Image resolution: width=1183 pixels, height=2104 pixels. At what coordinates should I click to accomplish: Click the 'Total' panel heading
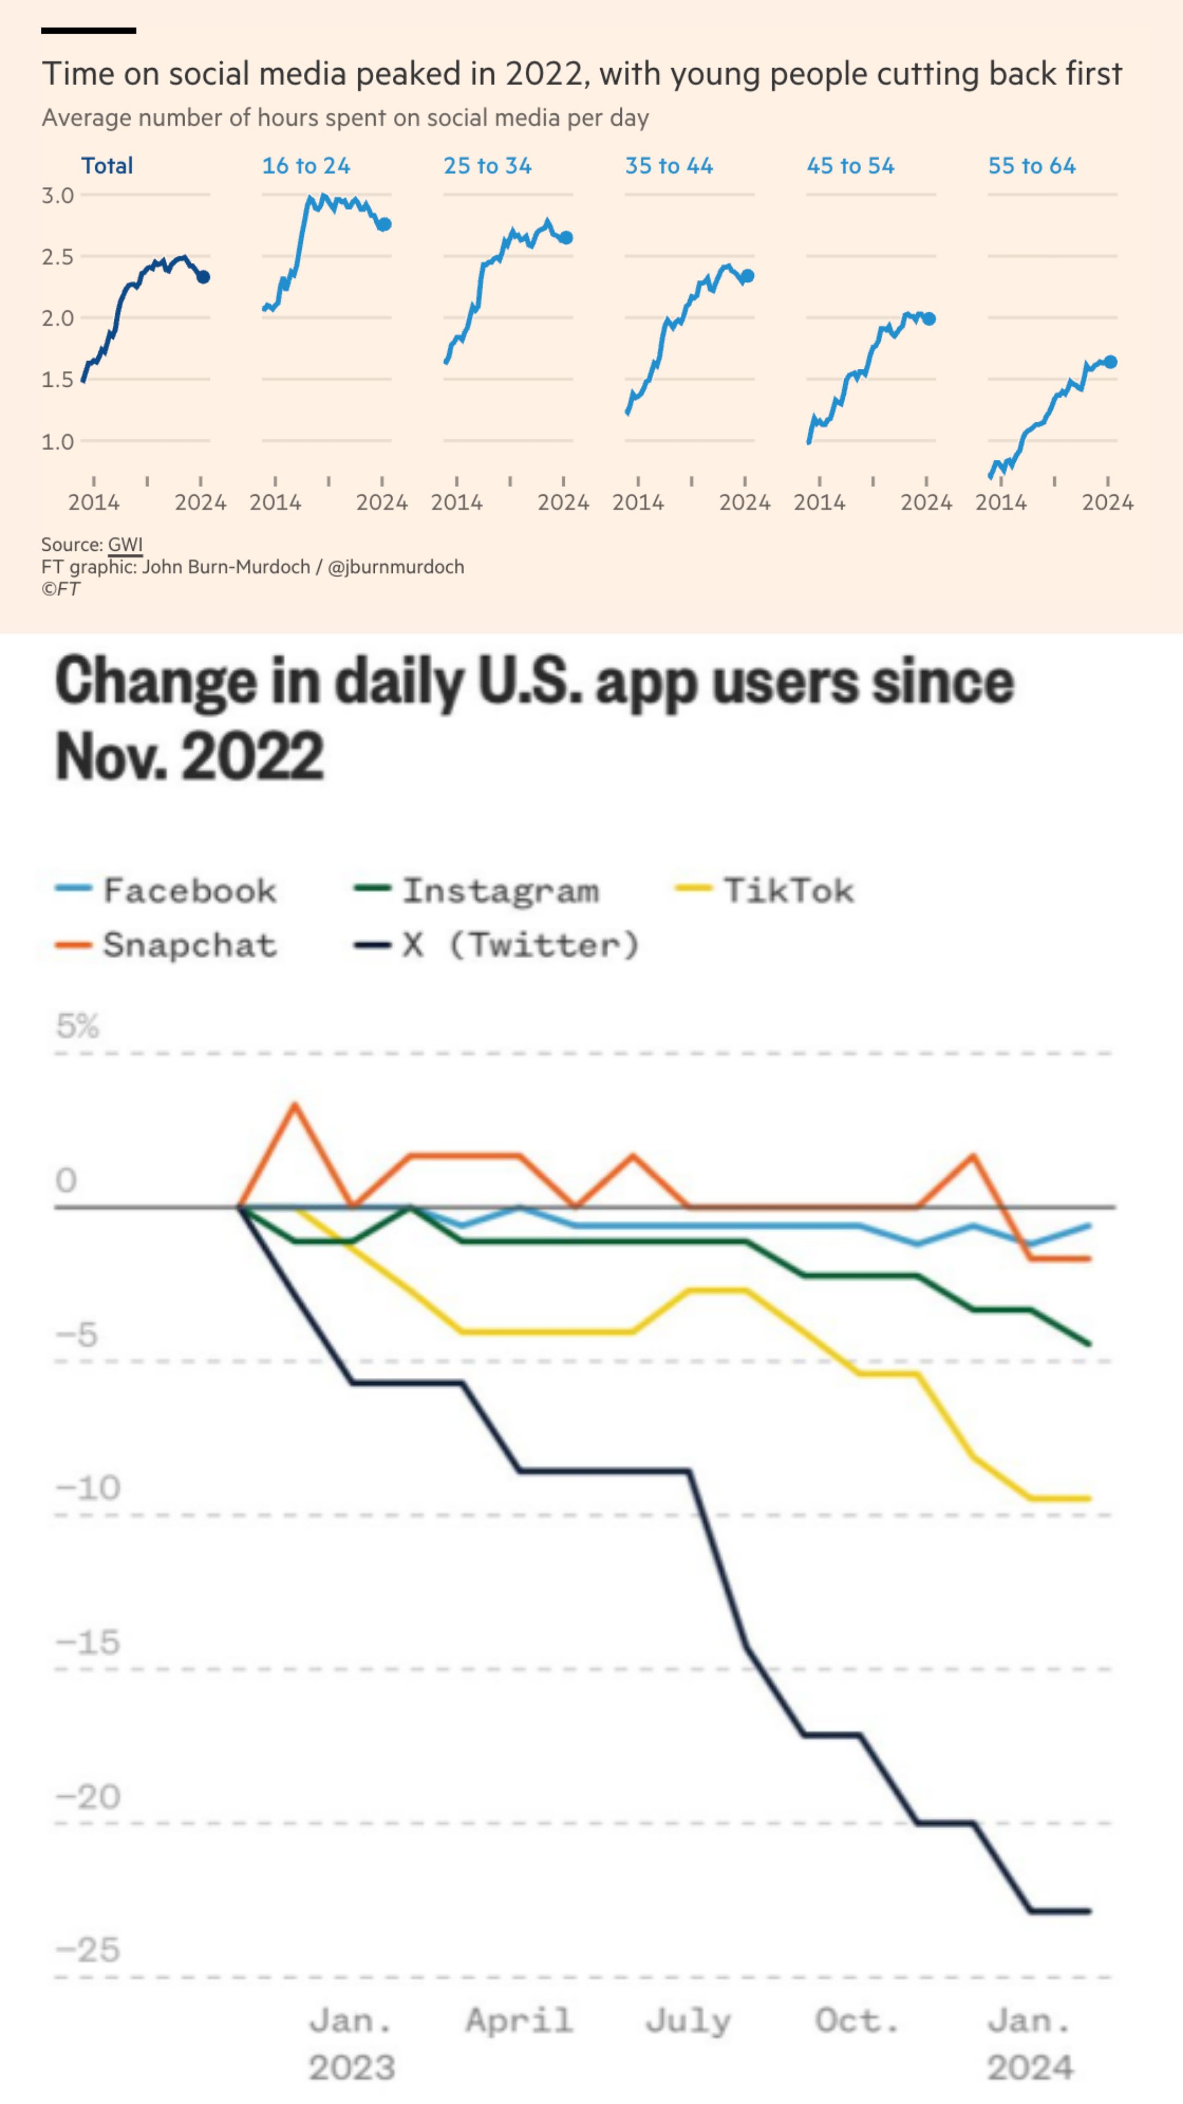click(x=107, y=166)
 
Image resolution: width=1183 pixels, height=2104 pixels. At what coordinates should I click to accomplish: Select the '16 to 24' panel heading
click(x=306, y=166)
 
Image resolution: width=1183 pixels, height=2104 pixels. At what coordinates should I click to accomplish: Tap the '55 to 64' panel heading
click(x=1032, y=166)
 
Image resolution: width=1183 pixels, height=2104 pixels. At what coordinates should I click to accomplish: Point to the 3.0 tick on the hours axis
click(x=57, y=195)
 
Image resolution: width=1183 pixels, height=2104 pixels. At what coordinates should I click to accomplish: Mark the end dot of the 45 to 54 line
click(x=929, y=319)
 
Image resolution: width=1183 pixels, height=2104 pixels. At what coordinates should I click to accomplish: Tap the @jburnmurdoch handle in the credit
click(x=396, y=567)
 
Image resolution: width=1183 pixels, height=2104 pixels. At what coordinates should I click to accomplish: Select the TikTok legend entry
click(x=765, y=890)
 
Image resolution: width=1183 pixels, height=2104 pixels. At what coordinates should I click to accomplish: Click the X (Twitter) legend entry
click(x=496, y=945)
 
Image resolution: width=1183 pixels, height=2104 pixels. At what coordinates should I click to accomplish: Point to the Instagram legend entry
click(x=477, y=890)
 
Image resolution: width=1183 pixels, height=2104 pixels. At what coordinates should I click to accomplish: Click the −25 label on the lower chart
click(x=87, y=1950)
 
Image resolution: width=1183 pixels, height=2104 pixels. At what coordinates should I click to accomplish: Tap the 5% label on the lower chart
click(x=77, y=1025)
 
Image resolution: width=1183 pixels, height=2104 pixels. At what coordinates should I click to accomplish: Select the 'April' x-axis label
click(x=519, y=2021)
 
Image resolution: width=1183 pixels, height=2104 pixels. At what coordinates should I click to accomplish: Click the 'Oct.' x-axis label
click(x=856, y=2021)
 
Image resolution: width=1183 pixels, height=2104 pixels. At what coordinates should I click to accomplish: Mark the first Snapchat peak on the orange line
click(x=295, y=1105)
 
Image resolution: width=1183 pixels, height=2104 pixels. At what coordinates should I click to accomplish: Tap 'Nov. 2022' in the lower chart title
click(x=190, y=756)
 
